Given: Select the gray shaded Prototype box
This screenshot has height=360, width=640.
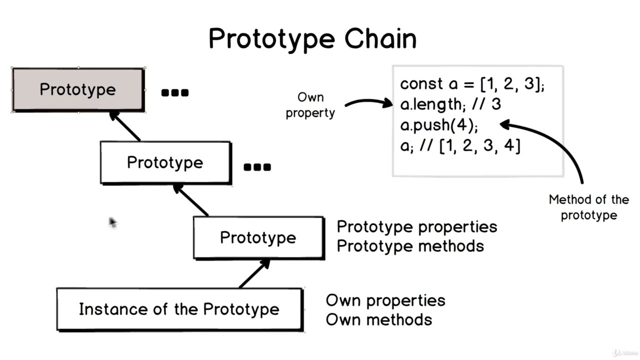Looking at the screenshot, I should (x=78, y=90).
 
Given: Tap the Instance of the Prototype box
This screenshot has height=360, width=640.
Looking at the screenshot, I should (x=179, y=309).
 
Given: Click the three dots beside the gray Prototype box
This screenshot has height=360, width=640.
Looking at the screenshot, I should (x=175, y=92).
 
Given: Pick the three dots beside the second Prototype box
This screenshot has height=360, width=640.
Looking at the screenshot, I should (x=257, y=167).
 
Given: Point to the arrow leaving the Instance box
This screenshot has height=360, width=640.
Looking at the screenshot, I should (x=255, y=273).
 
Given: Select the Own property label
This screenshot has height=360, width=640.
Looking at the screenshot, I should (x=310, y=105).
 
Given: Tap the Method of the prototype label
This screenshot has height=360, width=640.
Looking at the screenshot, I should (x=588, y=207).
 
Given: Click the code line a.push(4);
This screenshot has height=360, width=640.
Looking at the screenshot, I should (x=439, y=125).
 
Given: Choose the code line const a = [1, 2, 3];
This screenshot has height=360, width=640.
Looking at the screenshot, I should (x=472, y=84).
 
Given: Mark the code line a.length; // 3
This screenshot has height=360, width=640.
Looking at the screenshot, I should (x=450, y=104).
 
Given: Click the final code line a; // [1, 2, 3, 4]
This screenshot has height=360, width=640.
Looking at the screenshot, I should (x=460, y=146).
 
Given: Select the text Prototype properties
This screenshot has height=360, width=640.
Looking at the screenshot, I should (x=417, y=226).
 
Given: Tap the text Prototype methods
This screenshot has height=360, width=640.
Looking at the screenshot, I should (x=410, y=246).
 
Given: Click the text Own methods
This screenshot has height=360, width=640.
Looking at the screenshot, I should (x=378, y=319).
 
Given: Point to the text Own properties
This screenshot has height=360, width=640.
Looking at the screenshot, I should (x=385, y=300).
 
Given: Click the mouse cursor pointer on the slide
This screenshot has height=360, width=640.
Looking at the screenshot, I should (x=112, y=222).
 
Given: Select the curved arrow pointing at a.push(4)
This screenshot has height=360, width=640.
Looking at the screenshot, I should (x=555, y=142).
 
